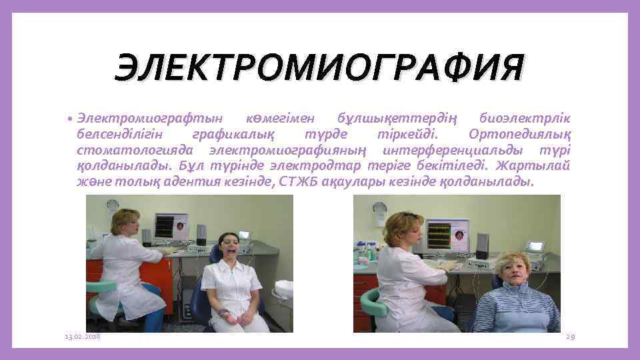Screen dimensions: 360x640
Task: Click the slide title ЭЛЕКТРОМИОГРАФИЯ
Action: coord(319,69)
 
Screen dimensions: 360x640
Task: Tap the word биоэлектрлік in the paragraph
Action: coord(525,119)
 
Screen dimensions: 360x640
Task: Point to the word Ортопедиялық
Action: coord(520,134)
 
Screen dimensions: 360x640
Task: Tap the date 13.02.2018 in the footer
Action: coord(83,337)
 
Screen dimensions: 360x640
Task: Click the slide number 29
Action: coord(570,337)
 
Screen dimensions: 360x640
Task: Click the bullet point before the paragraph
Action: coord(70,119)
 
